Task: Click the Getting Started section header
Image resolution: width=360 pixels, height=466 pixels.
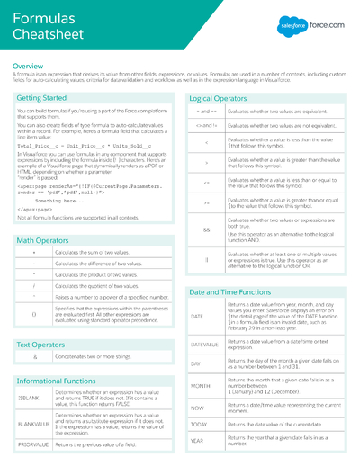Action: [x=41, y=97]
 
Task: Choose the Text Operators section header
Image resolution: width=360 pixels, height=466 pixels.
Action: [x=41, y=345]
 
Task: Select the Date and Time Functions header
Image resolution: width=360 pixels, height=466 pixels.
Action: [x=229, y=292]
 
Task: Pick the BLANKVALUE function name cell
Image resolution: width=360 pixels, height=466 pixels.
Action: [x=32, y=424]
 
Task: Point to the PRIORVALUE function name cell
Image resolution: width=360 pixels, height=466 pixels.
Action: [x=32, y=444]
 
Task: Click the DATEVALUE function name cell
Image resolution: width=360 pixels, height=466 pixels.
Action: [x=203, y=345]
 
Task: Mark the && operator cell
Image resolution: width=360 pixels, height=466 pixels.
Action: [x=206, y=229]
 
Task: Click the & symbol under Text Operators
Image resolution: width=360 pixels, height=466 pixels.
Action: [x=33, y=357]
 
